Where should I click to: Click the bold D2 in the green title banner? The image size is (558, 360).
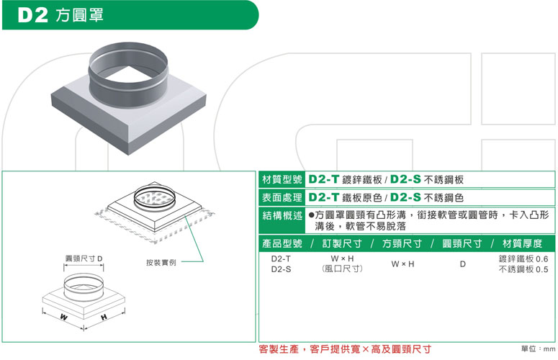coord(32,15)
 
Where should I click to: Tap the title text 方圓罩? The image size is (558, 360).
coord(80,15)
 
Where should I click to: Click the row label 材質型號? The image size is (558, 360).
coord(282,179)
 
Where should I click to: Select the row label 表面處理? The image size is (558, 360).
coord(282,197)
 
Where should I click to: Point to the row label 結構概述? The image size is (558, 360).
coord(282,215)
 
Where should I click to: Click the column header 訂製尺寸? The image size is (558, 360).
coord(341,243)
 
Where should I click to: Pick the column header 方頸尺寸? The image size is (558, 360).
coord(402,243)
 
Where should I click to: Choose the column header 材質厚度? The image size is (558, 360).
coord(522,243)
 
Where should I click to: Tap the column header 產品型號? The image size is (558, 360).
coord(282,243)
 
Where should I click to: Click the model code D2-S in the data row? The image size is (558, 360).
coord(281,269)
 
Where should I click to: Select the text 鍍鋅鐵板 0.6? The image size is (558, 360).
coord(523,258)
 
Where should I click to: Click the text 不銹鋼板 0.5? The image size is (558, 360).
coord(523,269)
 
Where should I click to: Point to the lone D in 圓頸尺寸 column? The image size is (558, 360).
coord(463,264)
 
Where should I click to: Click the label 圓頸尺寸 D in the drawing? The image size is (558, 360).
coord(84,258)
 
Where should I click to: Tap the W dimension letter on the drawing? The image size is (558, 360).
coord(63,317)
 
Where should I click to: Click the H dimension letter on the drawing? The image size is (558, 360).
coord(104,317)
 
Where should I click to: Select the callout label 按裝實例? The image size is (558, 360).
coord(161,263)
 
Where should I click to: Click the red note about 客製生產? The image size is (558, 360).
coord(345,349)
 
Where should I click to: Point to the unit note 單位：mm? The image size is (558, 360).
coord(538,348)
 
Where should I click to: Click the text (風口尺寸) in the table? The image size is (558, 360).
coord(342,269)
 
